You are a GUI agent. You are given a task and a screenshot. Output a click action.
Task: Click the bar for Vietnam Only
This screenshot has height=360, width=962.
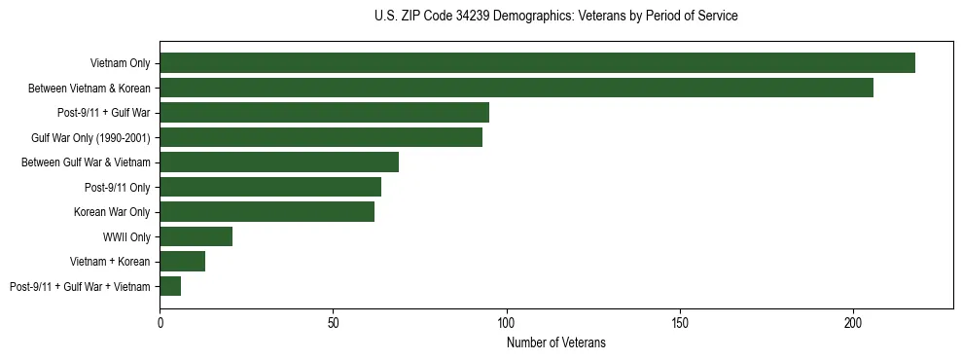coord(537,62)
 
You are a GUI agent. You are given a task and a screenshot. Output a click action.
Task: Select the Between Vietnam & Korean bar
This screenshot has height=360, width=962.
coord(517,88)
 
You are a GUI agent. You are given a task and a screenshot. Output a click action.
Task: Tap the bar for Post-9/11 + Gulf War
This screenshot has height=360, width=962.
coord(324,112)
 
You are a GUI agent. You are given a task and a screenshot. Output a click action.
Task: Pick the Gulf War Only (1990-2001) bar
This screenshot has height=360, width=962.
coord(321,137)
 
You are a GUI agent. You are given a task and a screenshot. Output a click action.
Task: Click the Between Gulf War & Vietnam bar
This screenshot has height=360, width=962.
coord(279,162)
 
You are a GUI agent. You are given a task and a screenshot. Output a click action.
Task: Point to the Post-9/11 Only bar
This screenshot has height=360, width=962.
coord(270,187)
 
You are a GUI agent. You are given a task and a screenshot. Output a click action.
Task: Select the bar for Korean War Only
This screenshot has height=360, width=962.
coord(267,211)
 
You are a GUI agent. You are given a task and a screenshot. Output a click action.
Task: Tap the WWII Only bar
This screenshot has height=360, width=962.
coord(196,236)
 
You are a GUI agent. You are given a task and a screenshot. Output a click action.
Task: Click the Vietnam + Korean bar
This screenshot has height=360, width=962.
coord(182,261)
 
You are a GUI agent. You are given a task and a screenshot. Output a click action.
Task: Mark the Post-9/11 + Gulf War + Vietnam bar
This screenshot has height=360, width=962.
coord(170,286)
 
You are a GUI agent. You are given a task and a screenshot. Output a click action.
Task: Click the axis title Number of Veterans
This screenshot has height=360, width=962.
coord(555,342)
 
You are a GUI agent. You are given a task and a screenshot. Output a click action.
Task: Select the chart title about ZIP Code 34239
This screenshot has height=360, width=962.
coord(555,17)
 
